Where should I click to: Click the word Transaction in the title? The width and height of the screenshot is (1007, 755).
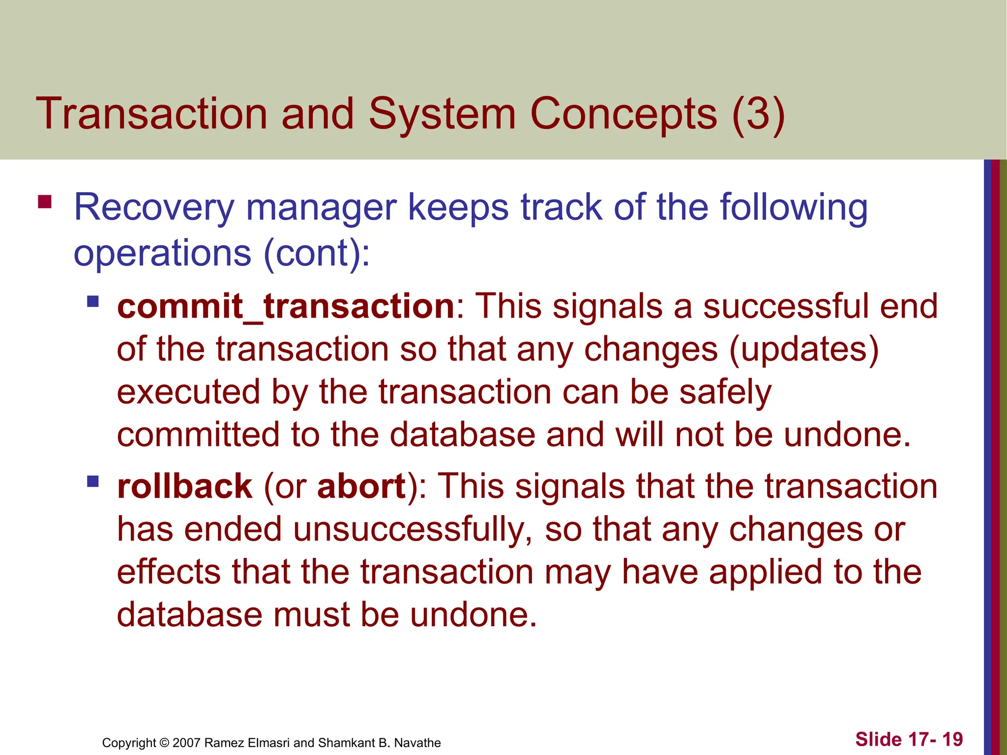pyautogui.click(x=151, y=114)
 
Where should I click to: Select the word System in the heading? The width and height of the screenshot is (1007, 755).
pyautogui.click(x=442, y=114)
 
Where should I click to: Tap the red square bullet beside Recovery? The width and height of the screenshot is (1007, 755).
pyautogui.click(x=45, y=202)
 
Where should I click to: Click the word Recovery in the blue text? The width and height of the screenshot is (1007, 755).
pyautogui.click(x=153, y=208)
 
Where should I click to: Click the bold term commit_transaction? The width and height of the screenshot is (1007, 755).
pyautogui.click(x=286, y=306)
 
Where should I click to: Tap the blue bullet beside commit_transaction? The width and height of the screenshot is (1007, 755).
pyautogui.click(x=93, y=301)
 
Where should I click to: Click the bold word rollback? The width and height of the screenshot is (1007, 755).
pyautogui.click(x=184, y=487)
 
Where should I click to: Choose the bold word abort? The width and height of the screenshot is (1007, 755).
pyautogui.click(x=361, y=487)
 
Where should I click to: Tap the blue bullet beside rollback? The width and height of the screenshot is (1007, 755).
pyautogui.click(x=93, y=481)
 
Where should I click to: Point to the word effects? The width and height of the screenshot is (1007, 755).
pyautogui.click(x=169, y=572)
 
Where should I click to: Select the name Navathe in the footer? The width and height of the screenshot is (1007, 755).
pyautogui.click(x=417, y=743)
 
